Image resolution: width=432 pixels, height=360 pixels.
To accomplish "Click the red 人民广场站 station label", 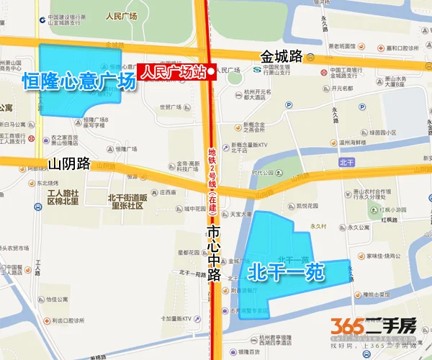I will pyautogui.click(x=171, y=72).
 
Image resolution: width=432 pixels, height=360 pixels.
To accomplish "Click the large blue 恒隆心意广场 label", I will pyautogui.click(x=79, y=81).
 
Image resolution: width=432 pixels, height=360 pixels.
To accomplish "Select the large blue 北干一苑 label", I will pyautogui.click(x=287, y=271).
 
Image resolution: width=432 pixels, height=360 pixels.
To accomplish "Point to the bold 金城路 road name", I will pyautogui.click(x=283, y=55).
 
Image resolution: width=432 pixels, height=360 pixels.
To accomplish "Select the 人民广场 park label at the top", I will pyautogui.click(x=120, y=15).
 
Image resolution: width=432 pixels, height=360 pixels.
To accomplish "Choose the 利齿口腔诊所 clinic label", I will pyautogui.click(x=73, y=320).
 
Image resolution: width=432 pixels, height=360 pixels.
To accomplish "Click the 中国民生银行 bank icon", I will pyautogui.click(x=258, y=70).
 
